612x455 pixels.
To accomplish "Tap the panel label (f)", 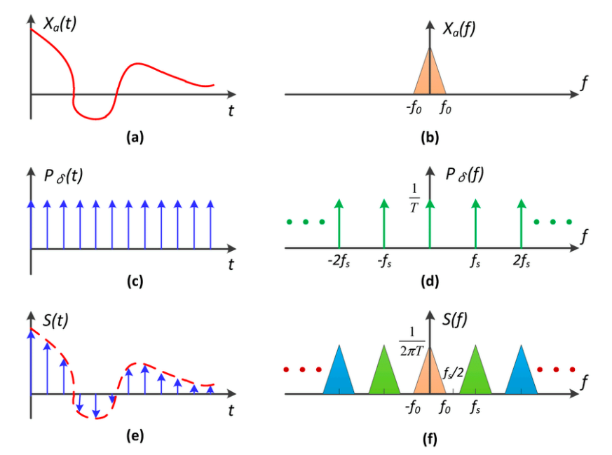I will coord(430,440).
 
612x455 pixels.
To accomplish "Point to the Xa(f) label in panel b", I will coord(459,30).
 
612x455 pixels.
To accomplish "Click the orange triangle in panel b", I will coord(430,77).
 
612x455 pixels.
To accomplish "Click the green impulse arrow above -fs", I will coord(384,223).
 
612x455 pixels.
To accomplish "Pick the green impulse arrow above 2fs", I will coord(521,223).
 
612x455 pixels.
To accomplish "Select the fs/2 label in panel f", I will coord(451,373).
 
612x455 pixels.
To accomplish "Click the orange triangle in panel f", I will coord(430,375).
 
